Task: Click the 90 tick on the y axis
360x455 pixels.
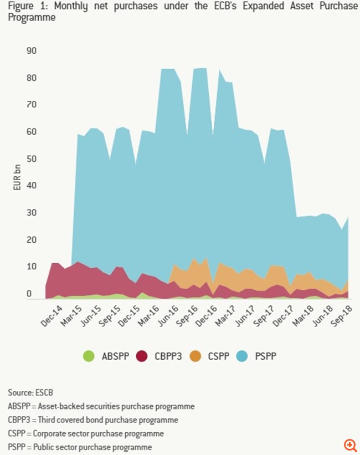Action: (x=31, y=51)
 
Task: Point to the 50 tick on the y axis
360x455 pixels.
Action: (x=31, y=159)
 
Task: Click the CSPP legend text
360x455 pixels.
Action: (x=218, y=356)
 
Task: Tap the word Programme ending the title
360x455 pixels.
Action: (x=32, y=17)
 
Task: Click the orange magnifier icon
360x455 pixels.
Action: (x=349, y=445)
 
